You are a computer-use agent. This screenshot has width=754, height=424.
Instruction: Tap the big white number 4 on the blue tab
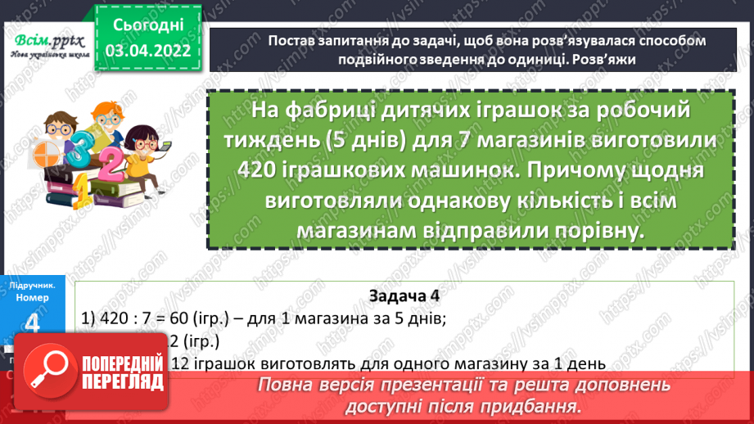click(x=34, y=325)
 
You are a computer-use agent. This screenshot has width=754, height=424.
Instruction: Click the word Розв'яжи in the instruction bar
click(x=605, y=59)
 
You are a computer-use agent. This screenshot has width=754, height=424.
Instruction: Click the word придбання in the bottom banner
click(x=535, y=404)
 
